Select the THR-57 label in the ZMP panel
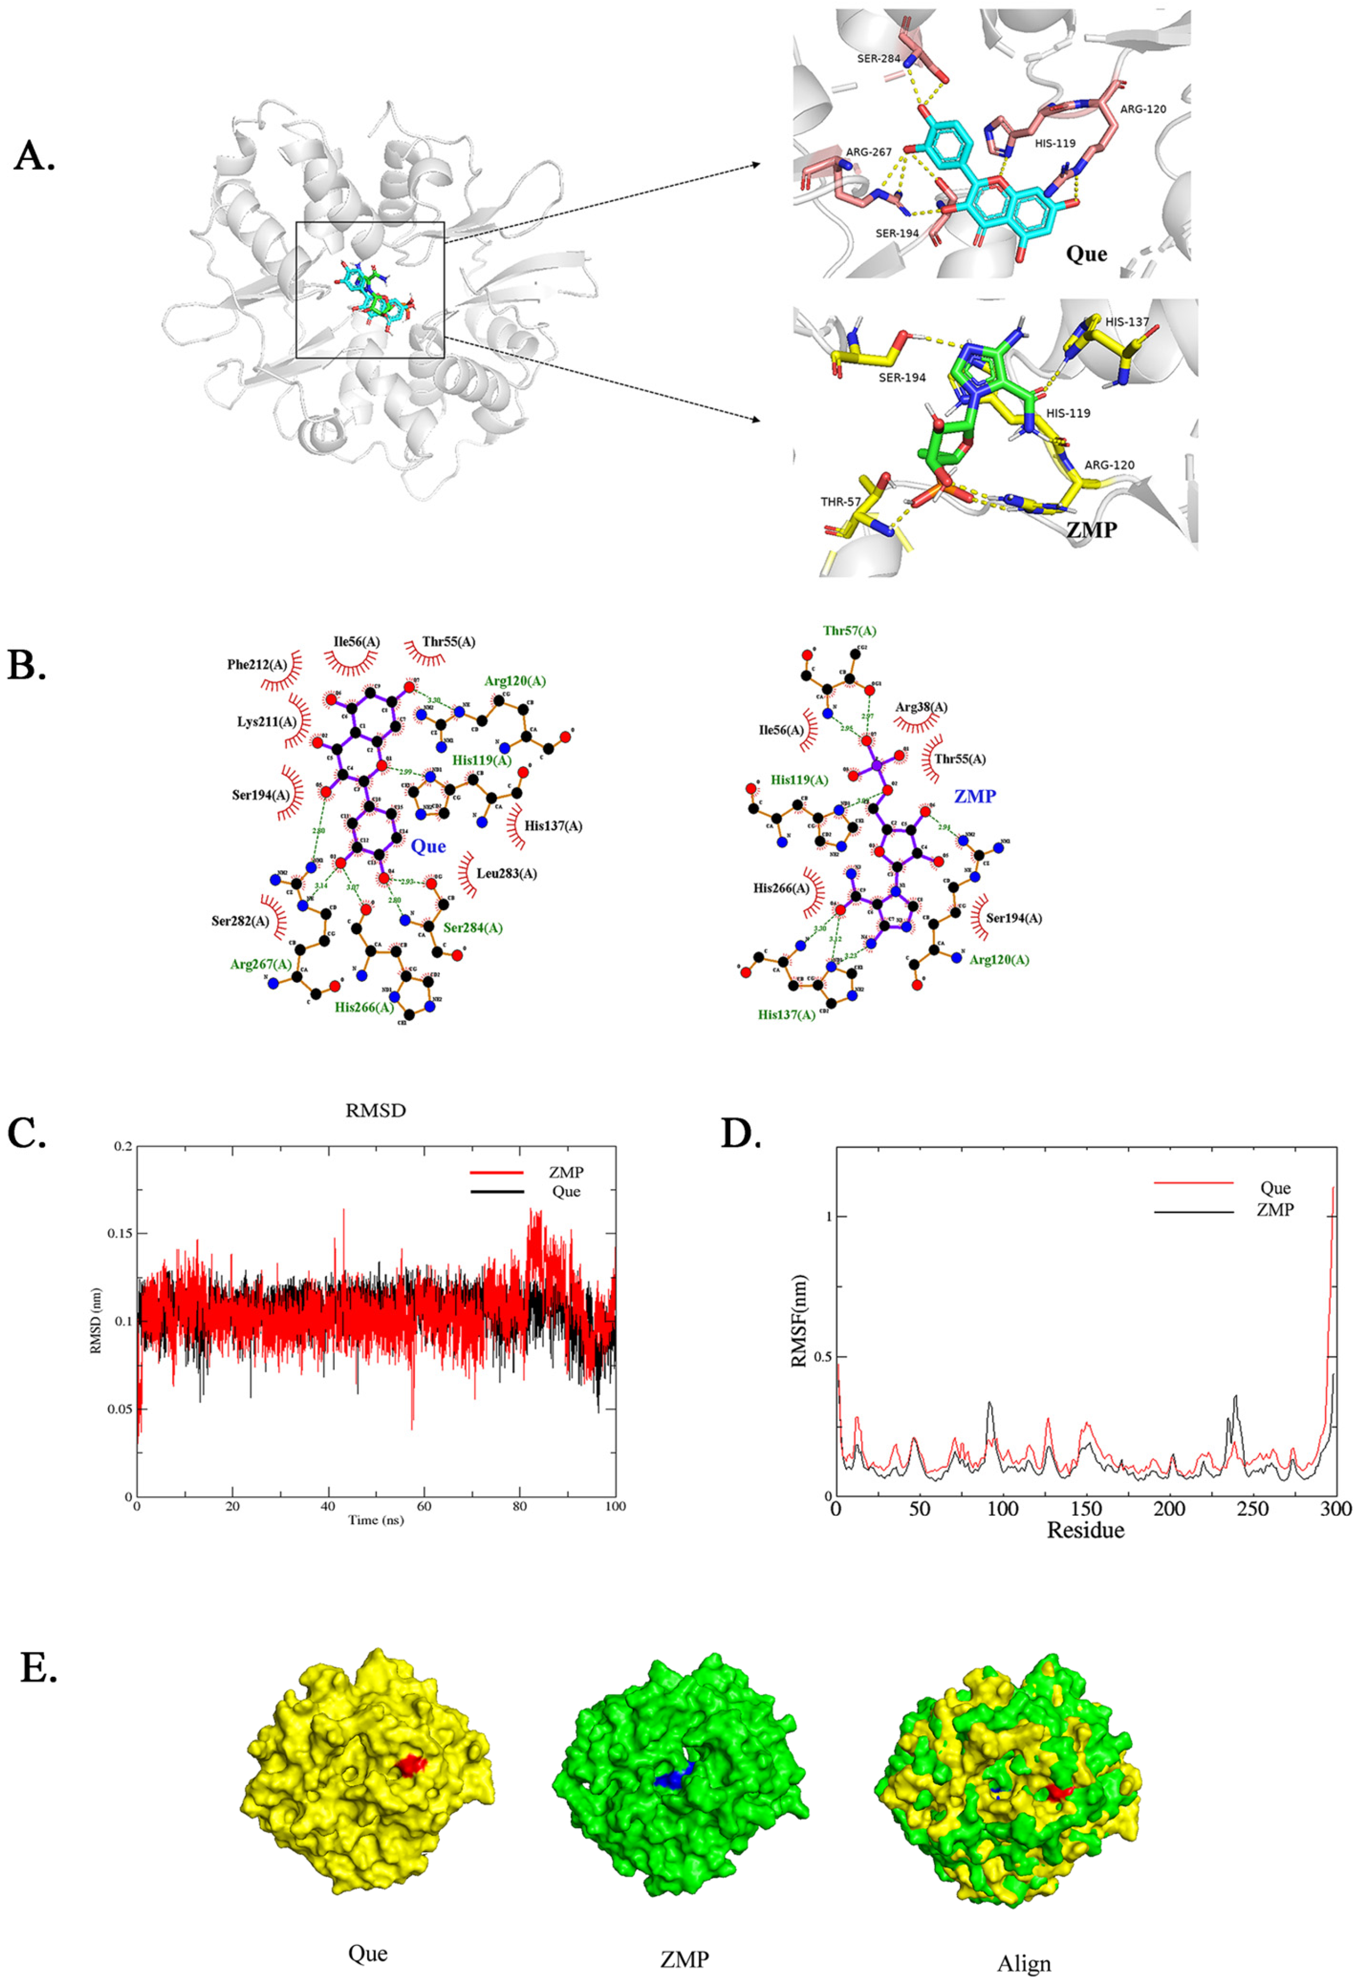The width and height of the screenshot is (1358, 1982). (x=840, y=502)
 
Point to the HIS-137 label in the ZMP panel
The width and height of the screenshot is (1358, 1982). (x=1127, y=322)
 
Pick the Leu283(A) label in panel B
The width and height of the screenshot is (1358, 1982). (x=507, y=873)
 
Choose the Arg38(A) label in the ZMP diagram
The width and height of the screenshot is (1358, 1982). (x=921, y=707)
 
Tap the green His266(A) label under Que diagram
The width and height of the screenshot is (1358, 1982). (x=364, y=1007)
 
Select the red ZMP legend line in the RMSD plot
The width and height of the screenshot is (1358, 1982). (x=497, y=1173)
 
